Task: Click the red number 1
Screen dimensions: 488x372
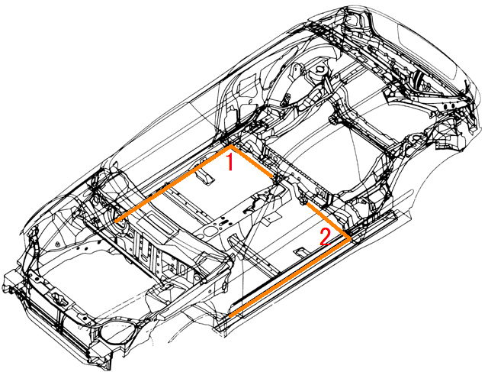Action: click(230, 161)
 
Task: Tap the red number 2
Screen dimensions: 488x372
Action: click(326, 237)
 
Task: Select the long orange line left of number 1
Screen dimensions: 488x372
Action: click(173, 183)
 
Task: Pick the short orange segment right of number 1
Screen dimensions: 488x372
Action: click(252, 161)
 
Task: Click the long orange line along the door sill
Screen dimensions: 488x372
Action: click(290, 277)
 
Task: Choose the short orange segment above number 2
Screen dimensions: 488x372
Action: click(329, 221)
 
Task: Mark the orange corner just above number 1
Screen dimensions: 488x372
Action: click(230, 146)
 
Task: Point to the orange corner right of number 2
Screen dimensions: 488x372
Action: click(350, 238)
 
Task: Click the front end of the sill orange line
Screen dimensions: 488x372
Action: click(230, 315)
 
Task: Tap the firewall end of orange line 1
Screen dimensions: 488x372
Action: click(115, 221)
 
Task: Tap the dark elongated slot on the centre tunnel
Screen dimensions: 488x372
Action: click(225, 222)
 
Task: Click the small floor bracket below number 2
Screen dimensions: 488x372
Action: click(302, 251)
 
